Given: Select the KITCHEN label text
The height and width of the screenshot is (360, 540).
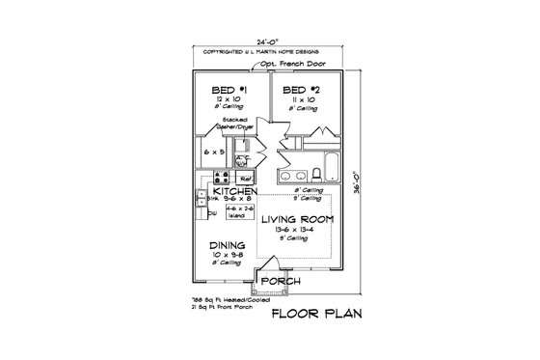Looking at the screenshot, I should pos(234,193).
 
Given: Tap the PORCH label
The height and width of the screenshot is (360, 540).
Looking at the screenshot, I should pos(281,281).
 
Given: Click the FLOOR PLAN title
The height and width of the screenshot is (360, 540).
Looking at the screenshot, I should pos(316,315).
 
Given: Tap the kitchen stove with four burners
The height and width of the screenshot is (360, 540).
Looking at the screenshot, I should pos(219,178).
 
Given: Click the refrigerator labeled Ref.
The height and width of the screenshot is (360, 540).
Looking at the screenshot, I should pos(245,178).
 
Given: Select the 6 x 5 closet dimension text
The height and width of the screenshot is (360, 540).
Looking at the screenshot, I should pos(214,152).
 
